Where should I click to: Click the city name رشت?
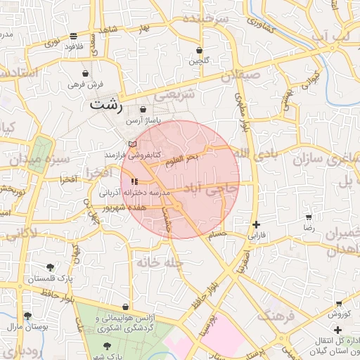106,106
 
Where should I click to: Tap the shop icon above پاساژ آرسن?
144,110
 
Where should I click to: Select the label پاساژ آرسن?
143,121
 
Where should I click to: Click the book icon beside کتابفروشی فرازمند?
131,145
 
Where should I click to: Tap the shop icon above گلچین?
200,51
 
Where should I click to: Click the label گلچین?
199,61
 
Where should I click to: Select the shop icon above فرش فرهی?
86,73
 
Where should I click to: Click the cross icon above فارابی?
256,225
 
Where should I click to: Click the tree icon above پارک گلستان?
50,267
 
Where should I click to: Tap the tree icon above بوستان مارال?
27,316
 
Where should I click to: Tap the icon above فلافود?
74,36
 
